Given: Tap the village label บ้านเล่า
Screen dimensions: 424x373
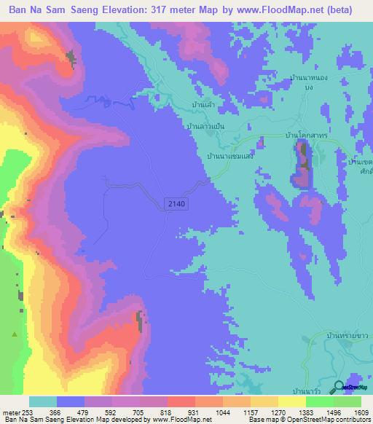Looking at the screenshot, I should point(202,106).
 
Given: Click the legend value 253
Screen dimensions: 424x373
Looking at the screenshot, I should point(25,412).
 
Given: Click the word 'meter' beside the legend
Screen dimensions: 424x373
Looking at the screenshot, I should point(9,412).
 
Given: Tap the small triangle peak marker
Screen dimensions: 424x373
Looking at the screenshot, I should point(14,334).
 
